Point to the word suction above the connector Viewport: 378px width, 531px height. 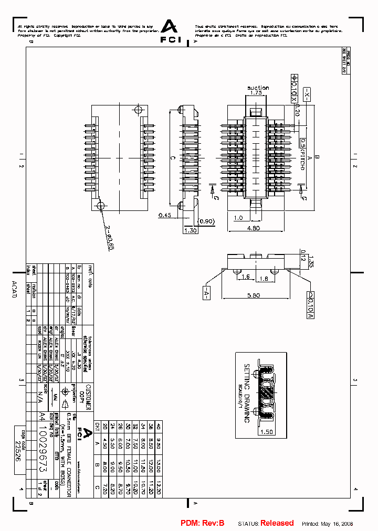(258, 88)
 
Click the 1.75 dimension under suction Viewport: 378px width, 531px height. (256, 93)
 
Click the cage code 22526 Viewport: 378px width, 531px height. (18, 451)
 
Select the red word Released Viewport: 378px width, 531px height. (277, 523)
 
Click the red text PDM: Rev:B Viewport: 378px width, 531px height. (203, 523)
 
